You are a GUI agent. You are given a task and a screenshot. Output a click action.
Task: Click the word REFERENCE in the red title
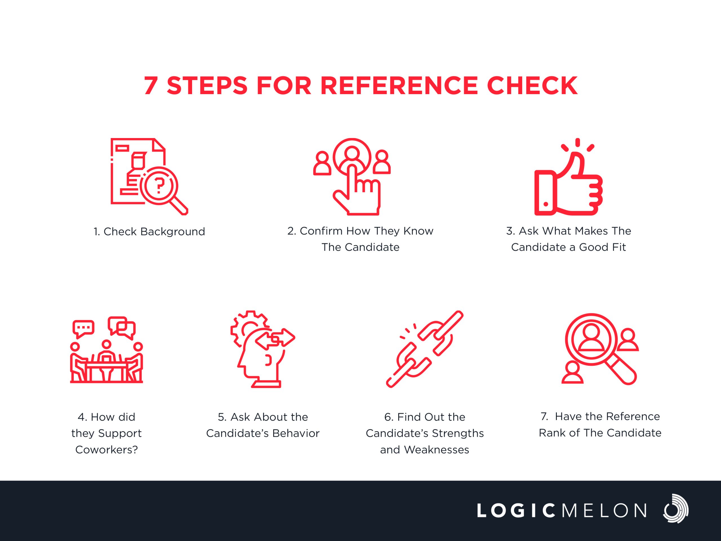point(399,85)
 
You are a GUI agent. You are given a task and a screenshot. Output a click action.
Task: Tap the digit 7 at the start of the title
point(151,85)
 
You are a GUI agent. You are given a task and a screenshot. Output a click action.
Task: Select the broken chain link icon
point(425,349)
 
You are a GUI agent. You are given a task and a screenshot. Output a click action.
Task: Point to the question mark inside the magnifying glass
point(159,186)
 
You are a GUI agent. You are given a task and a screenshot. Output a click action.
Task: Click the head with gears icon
point(263,349)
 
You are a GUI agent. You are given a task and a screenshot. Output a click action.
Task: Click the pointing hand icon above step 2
point(357,192)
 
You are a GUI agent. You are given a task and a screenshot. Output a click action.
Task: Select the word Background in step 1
point(173,232)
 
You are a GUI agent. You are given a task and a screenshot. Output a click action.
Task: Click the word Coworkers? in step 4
point(106,450)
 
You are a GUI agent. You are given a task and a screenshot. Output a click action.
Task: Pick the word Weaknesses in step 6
point(437,450)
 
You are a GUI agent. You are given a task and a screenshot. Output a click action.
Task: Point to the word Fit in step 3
point(619,247)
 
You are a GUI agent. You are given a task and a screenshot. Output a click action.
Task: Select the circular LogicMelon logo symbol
point(675,509)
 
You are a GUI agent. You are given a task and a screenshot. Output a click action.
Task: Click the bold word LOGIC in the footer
point(516,511)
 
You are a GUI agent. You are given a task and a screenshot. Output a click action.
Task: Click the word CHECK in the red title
point(532,85)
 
